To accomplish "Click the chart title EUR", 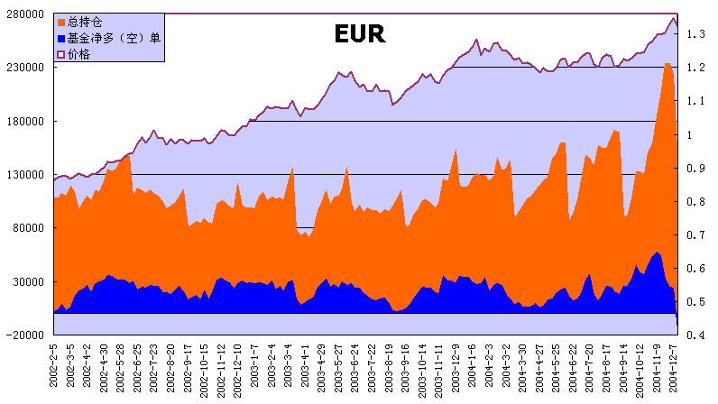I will (x=359, y=35).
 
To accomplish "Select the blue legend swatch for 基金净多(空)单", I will (x=60, y=38).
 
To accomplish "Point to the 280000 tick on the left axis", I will (x=27, y=14).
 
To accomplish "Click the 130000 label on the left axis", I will (x=27, y=174).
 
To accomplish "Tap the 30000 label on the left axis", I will (x=30, y=281).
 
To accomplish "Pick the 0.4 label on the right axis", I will (x=695, y=335).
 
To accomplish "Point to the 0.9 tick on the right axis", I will (x=695, y=168).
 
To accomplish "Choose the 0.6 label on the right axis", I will (x=695, y=268).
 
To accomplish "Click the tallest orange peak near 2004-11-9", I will (x=667, y=64).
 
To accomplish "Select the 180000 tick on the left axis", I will (x=27, y=121).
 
